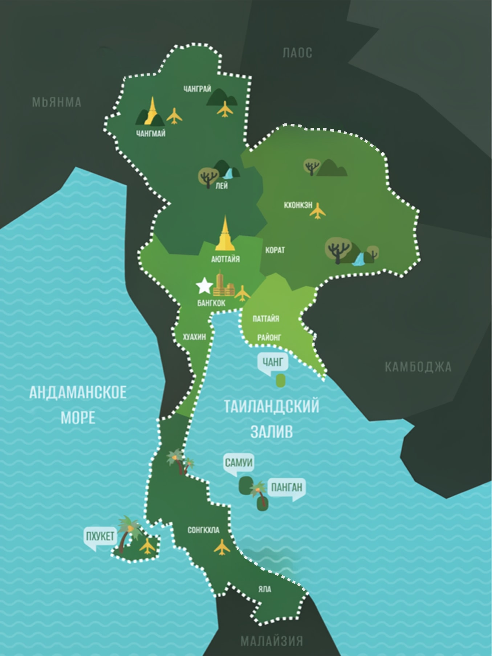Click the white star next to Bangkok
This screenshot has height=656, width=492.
(204, 286)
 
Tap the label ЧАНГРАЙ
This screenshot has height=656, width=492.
(197, 89)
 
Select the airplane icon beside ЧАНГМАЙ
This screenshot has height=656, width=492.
(174, 116)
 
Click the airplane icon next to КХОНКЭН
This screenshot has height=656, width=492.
(318, 211)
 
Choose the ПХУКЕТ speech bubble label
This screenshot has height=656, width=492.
(99, 536)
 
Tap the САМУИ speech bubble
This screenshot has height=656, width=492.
(239, 463)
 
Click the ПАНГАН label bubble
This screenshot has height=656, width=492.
(286, 487)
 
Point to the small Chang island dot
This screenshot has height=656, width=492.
(280, 380)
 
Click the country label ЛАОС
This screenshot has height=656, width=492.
(297, 53)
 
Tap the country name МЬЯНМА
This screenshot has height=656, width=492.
(57, 102)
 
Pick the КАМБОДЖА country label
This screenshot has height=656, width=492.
(418, 367)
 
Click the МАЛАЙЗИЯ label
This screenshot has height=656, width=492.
(271, 641)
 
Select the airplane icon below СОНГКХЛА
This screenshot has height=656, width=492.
(222, 547)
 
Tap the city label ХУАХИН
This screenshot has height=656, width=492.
(194, 337)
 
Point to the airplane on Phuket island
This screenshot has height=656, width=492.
(147, 546)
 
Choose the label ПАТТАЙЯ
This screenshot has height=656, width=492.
(266, 319)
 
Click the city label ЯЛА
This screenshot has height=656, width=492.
(265, 589)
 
